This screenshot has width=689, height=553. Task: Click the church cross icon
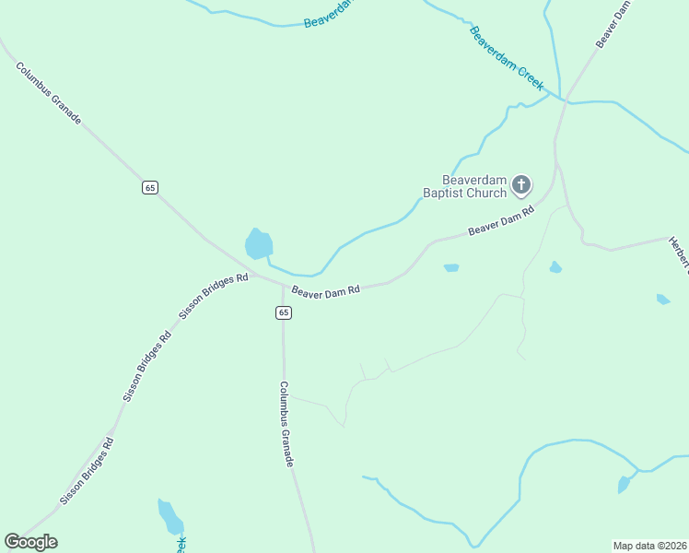520,185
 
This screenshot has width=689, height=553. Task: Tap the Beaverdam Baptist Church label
465,186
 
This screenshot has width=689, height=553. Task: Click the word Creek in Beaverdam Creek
530,76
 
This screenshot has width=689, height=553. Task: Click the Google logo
30,542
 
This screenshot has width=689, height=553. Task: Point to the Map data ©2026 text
649,546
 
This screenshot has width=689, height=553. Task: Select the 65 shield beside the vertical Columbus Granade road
283,312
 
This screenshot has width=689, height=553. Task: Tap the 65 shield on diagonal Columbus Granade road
150,187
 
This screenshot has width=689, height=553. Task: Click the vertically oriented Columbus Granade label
286,424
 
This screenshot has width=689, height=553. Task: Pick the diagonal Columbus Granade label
48,93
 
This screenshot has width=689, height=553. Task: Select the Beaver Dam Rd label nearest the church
501,221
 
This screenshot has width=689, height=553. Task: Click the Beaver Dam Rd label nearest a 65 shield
325,290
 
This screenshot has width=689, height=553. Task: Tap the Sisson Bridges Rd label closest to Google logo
87,471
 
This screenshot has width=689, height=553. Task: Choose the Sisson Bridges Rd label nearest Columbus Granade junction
214,295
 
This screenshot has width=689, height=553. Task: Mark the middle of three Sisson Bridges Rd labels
147,366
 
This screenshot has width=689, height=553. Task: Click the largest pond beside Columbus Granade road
259,244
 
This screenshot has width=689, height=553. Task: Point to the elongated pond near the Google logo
170,516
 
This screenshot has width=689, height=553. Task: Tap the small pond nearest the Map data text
625,484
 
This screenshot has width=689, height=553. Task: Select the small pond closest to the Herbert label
663,299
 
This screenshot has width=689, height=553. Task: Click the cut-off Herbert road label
681,254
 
